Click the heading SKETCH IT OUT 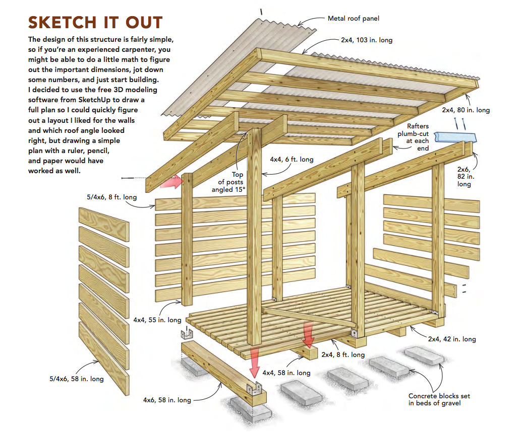pos(95,22)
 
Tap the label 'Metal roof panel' pos(354,19)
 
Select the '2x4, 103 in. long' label pos(366,40)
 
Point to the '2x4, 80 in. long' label pos(466,110)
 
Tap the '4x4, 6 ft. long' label pos(292,160)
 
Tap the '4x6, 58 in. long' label pos(167,400)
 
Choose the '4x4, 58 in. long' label pos(286,373)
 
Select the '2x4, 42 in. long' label pos(452,339)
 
